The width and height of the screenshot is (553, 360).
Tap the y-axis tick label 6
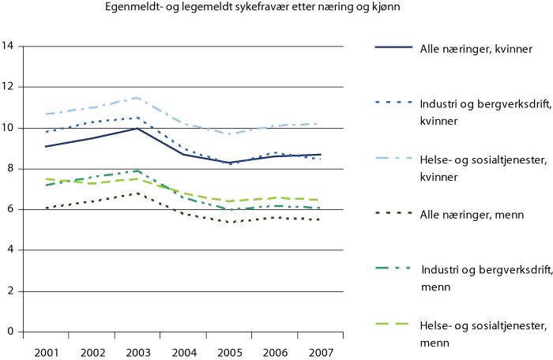point(11,209)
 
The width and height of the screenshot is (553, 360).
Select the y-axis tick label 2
point(11,291)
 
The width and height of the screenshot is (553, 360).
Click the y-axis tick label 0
point(11,332)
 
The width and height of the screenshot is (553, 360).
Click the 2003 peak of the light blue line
point(138,97)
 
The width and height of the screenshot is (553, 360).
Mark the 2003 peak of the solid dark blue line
point(138,128)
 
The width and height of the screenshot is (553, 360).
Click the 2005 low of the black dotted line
point(230,223)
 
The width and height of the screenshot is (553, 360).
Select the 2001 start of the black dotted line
point(47,208)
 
